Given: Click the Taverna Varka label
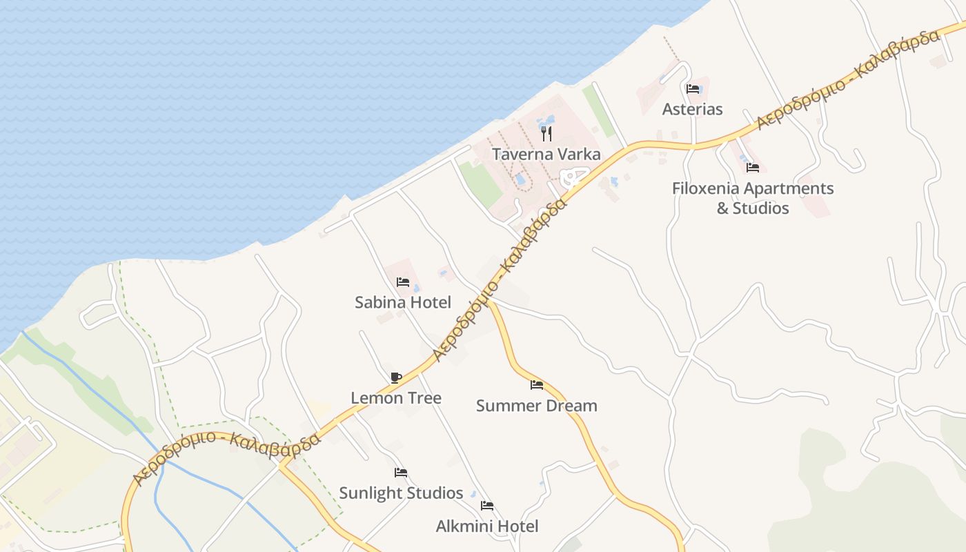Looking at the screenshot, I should (546, 154).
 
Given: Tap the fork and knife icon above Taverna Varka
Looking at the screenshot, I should (546, 133).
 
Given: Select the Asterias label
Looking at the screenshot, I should (692, 109).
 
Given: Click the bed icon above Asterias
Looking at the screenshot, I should (693, 88).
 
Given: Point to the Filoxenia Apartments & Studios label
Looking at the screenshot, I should (753, 198).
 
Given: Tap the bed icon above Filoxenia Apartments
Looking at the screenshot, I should (753, 167).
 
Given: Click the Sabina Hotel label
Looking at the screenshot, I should (403, 302).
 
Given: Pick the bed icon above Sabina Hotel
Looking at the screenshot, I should (403, 282).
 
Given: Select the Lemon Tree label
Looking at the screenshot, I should (396, 398).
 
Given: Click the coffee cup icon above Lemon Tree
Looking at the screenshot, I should (396, 377).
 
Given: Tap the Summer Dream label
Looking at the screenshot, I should (536, 406).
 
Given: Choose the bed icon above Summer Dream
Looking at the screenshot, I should (537, 385).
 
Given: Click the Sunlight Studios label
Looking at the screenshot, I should (401, 493).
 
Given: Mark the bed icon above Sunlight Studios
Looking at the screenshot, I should (401, 473).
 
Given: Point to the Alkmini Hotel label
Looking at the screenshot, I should (487, 526).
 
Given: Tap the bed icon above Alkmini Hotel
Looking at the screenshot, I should (487, 506).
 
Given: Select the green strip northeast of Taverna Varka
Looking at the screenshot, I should (598, 110).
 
